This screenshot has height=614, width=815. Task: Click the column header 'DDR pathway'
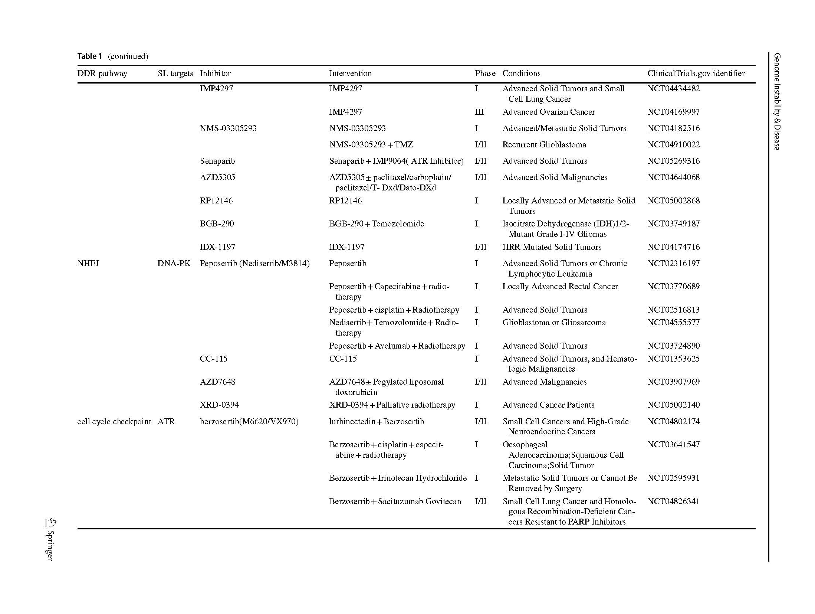coord(102,74)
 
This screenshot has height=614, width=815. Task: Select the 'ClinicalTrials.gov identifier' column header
coord(696,74)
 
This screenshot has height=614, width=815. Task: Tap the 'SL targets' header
coord(175,74)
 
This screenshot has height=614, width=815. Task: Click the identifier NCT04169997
coord(673,112)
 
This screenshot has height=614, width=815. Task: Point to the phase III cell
coord(479,112)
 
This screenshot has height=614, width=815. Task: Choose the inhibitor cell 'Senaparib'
coord(217,161)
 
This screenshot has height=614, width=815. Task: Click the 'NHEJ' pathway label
coord(88,264)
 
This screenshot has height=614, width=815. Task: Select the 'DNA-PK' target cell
coord(174,264)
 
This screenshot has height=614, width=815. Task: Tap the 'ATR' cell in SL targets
coord(166,422)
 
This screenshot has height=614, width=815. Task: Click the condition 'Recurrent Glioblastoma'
coord(544,145)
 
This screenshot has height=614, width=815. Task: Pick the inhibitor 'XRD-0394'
coord(219,405)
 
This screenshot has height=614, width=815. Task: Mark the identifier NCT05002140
coord(673,405)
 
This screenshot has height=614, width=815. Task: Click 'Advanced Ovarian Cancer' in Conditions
coord(549,112)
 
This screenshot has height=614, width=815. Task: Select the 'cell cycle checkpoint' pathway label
coord(114,422)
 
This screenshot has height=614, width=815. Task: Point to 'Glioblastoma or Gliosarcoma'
coord(554,323)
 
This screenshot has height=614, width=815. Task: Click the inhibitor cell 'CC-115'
coord(213,359)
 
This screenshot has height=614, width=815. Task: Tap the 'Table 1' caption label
coord(89,56)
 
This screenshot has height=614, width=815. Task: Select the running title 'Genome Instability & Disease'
coord(777,101)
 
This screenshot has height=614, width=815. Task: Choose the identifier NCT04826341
coord(673,502)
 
